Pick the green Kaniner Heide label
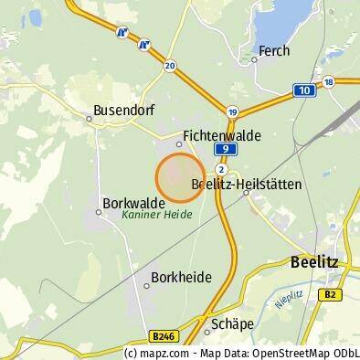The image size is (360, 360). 154,217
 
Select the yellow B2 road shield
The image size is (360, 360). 331,294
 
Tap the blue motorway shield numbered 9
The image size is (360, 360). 222,149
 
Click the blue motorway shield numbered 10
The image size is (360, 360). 302,90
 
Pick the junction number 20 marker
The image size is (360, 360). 170,66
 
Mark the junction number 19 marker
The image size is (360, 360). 233,111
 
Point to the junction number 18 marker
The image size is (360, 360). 329,81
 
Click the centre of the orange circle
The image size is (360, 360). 180,177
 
